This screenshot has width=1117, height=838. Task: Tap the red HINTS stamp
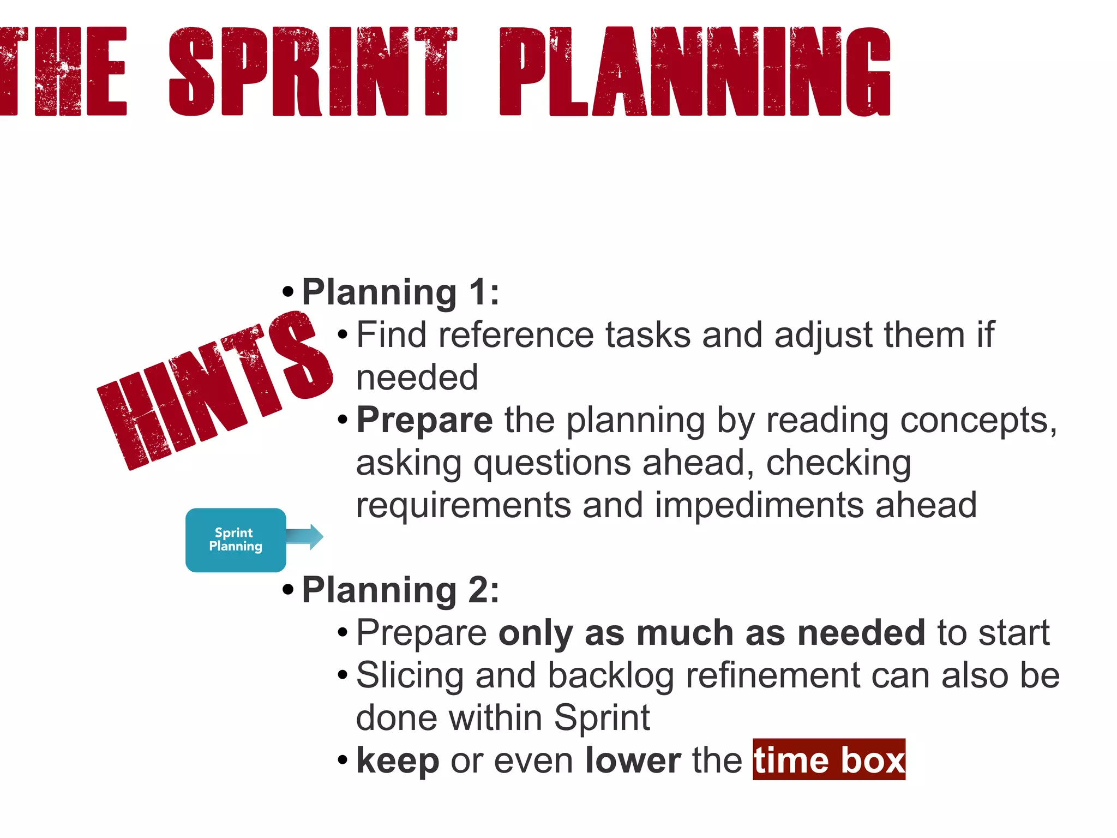[215, 388]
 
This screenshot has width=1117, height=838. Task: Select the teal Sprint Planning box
[236, 540]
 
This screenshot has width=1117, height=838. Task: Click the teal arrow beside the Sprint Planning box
[305, 537]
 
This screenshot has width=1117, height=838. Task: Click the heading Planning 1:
[400, 292]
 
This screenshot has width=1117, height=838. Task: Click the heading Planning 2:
[400, 590]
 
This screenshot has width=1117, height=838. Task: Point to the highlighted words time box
[828, 760]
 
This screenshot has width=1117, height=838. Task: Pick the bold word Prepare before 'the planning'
[424, 421]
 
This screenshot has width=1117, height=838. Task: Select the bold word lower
[633, 760]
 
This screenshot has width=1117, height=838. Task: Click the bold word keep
[398, 760]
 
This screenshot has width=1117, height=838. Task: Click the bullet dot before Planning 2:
[288, 590]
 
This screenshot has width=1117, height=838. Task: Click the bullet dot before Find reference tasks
[343, 334]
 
